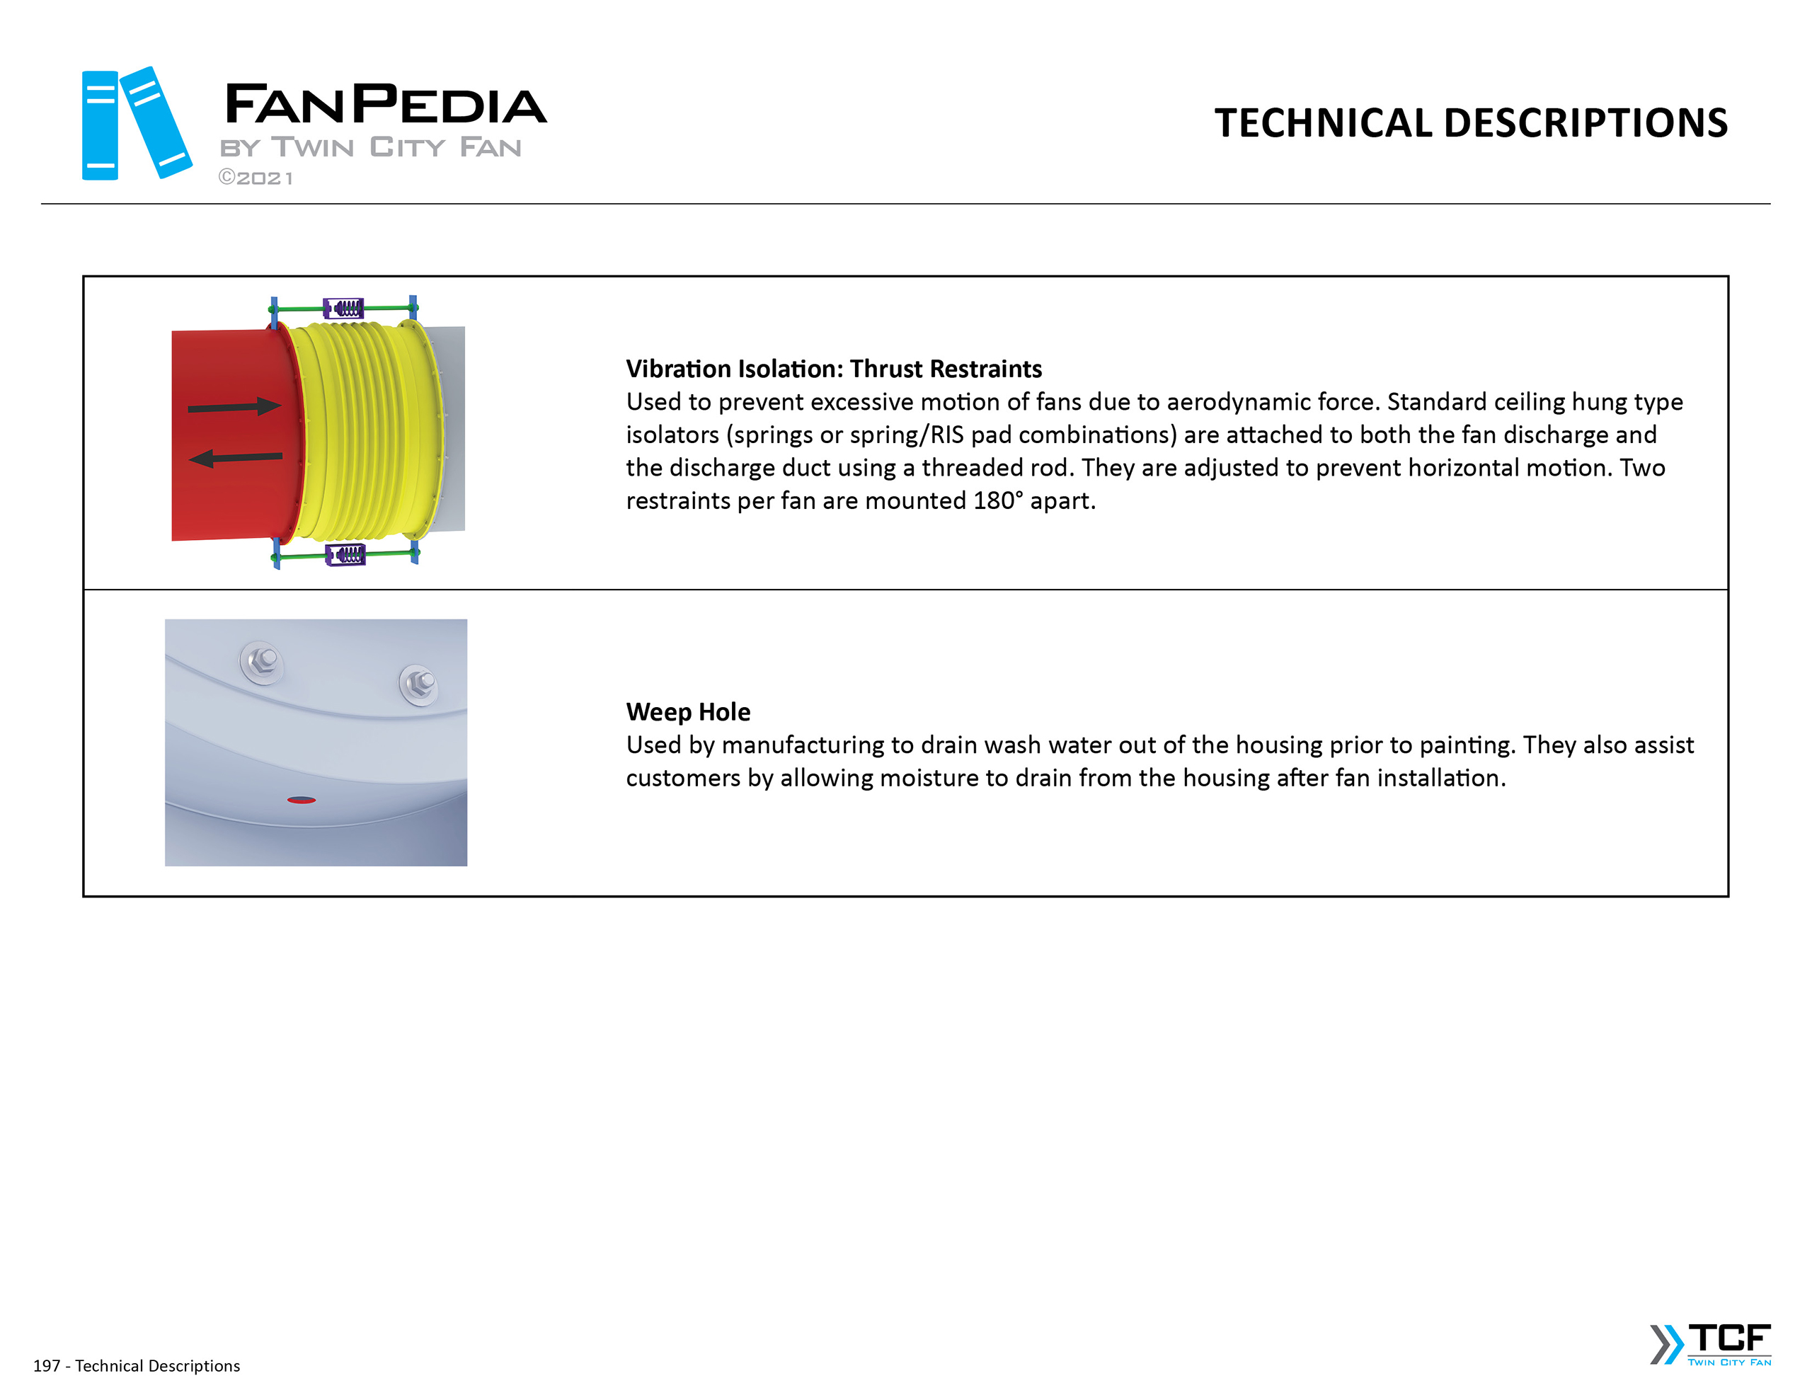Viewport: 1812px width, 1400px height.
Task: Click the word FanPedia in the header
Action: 385,105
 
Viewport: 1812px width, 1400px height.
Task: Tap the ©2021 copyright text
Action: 256,178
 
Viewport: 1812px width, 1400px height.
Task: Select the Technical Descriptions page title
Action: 1470,123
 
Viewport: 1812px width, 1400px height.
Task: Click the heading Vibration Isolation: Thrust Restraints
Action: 833,369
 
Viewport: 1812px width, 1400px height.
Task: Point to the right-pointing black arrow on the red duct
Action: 235,407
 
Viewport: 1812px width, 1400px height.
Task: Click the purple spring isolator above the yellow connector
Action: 343,309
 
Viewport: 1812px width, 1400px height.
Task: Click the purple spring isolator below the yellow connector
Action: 346,553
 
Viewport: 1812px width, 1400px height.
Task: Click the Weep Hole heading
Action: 688,711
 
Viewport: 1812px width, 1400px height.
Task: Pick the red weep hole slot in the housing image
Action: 301,800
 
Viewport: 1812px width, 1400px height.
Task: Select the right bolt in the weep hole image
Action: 419,684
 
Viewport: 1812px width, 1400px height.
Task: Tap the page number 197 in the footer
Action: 47,1365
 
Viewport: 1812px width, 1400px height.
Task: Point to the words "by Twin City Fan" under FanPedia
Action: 370,148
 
